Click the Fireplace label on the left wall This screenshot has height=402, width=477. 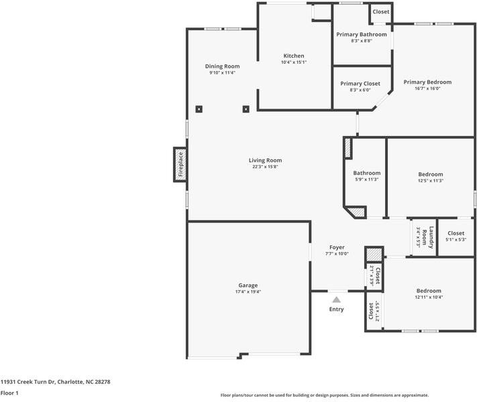180,164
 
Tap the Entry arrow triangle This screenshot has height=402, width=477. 336,300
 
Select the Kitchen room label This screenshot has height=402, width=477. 294,56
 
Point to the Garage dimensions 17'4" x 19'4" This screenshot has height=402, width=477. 248,291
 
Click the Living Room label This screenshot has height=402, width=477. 265,160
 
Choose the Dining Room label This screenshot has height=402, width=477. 222,66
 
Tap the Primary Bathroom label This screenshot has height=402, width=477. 362,34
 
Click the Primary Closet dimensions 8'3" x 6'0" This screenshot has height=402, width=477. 360,90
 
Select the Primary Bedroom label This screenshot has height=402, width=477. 427,82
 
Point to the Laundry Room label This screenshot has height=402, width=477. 428,237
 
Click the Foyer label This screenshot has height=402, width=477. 337,247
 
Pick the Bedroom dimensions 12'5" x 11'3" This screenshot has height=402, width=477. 431,180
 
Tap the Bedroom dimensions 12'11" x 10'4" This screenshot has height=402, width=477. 429,297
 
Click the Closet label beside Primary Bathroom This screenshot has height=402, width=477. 381,11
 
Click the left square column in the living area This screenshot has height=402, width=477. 199,109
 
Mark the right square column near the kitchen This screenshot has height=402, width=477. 246,109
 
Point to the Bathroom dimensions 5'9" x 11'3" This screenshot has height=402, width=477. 366,180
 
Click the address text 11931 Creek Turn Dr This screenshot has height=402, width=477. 28,382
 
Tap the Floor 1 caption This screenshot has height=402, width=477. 9,393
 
